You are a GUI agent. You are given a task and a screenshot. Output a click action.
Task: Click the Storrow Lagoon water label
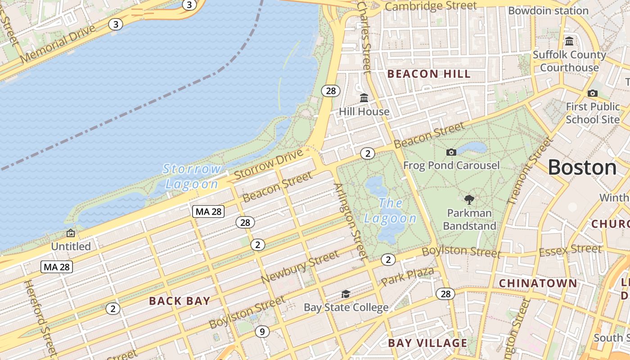point(192,176)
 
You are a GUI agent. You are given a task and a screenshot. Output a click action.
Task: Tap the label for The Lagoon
point(390,211)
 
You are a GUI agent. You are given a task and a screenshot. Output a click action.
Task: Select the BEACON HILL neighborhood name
point(429,74)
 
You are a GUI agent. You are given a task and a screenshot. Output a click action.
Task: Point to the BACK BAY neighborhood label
point(180,301)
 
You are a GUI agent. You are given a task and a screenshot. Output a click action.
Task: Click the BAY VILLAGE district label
point(427,343)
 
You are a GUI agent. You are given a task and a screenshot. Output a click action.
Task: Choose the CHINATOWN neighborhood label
point(538,283)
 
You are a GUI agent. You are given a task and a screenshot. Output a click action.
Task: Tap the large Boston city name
point(582,167)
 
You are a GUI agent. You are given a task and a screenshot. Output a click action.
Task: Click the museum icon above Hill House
point(364,98)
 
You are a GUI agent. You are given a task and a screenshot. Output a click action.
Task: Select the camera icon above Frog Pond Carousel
point(451,152)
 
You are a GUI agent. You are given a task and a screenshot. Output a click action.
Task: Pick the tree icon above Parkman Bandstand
point(469,199)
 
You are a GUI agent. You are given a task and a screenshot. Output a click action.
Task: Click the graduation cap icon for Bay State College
point(346,294)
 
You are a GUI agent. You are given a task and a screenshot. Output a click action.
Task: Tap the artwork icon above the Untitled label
point(71,233)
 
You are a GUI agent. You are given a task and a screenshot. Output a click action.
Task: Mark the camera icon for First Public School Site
point(593,93)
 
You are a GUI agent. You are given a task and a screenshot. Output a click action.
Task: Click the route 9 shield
point(262,332)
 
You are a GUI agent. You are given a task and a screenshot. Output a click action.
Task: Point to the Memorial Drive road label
point(58,44)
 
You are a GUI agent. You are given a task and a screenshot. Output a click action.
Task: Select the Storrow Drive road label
point(269,165)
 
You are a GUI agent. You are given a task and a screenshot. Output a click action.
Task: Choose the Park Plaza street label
point(407,276)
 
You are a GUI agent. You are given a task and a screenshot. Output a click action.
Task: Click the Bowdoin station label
point(548,10)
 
